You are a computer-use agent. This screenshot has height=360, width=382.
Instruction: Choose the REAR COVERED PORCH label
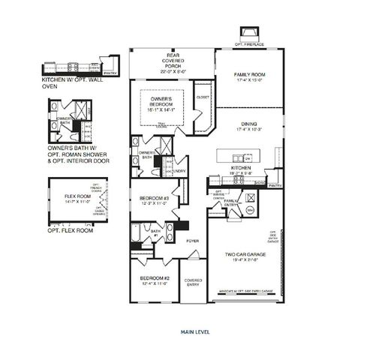point(172,61)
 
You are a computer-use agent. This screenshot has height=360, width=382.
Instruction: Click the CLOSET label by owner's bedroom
point(203,97)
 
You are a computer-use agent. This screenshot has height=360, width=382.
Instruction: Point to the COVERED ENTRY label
point(193,282)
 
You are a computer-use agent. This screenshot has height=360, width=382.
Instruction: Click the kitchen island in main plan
point(239,155)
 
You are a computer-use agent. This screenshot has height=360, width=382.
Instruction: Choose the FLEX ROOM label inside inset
point(74,196)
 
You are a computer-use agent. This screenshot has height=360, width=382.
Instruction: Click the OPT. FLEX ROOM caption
point(71,230)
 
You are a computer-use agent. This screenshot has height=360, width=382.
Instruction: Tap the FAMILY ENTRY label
point(231,202)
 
